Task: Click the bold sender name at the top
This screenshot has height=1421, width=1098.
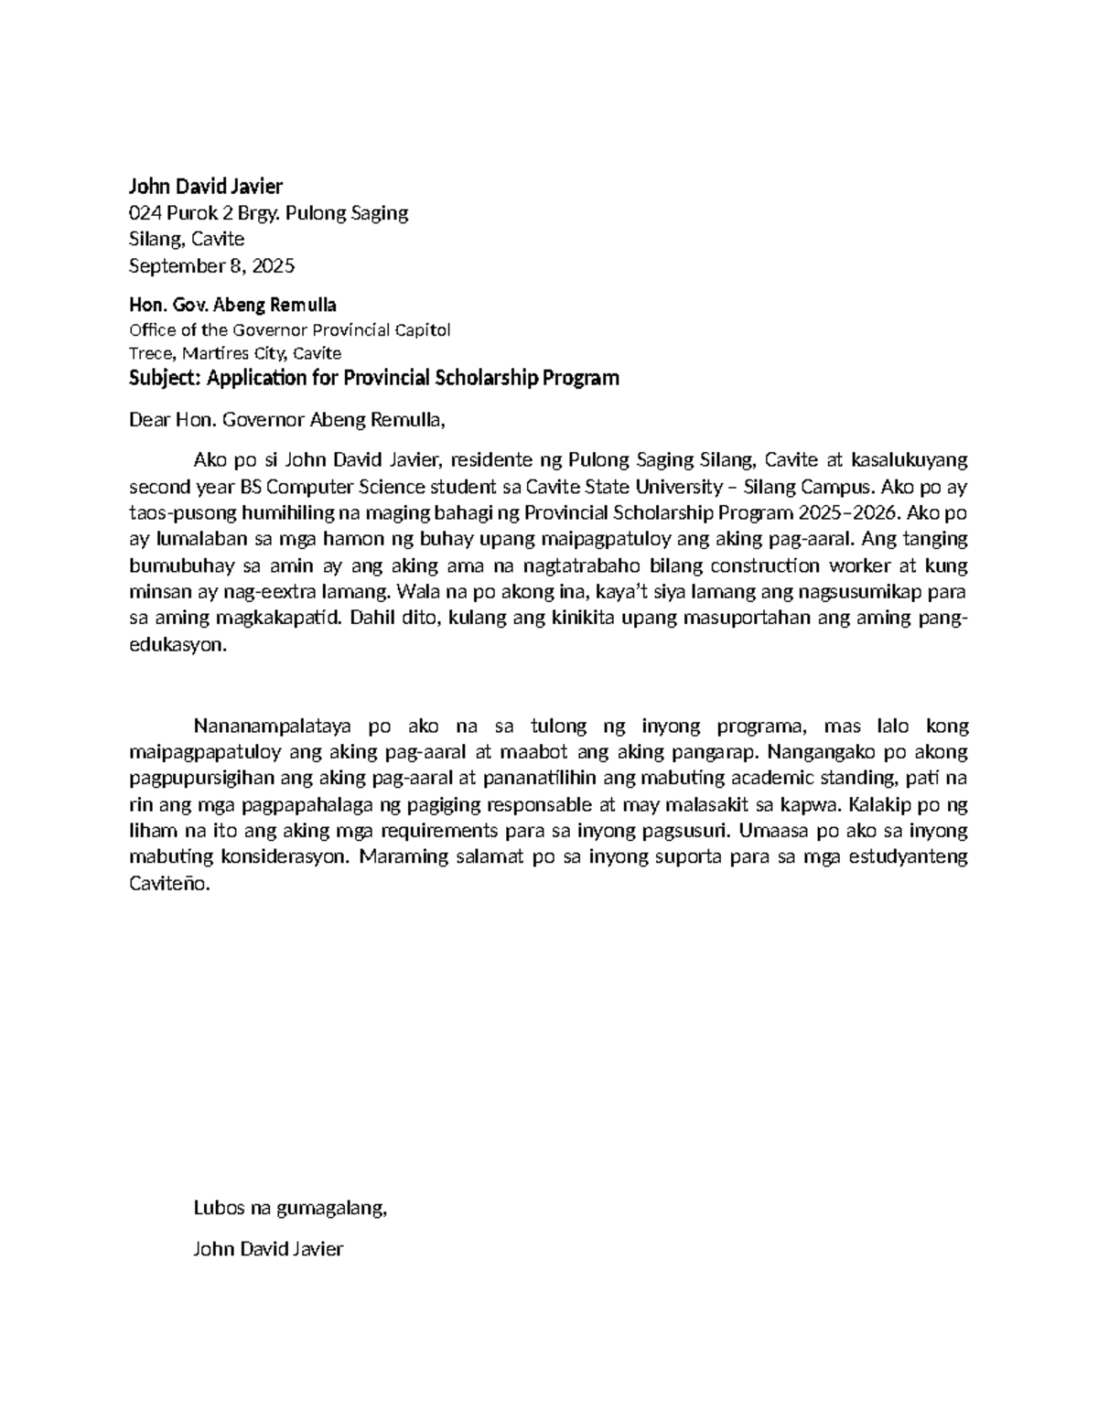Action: (206, 187)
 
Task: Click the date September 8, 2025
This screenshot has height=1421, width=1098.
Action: (211, 266)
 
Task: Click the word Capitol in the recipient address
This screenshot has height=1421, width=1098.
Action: (422, 329)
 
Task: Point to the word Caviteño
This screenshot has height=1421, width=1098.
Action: (169, 885)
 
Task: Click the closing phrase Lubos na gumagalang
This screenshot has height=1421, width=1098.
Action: (290, 1209)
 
